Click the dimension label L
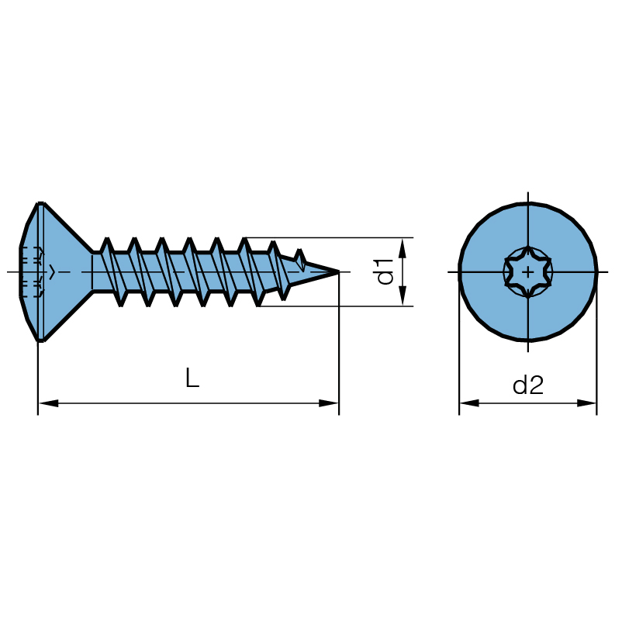pos(192,378)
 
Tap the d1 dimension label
pos(385,272)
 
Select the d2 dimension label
pos(528,385)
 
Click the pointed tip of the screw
pos(337,271)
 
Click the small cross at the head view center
pos(528,272)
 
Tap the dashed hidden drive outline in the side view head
pos(31,272)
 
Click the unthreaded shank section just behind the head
pos(97,271)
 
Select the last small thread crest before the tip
pos(300,254)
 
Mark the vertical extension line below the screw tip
pos(339,349)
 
